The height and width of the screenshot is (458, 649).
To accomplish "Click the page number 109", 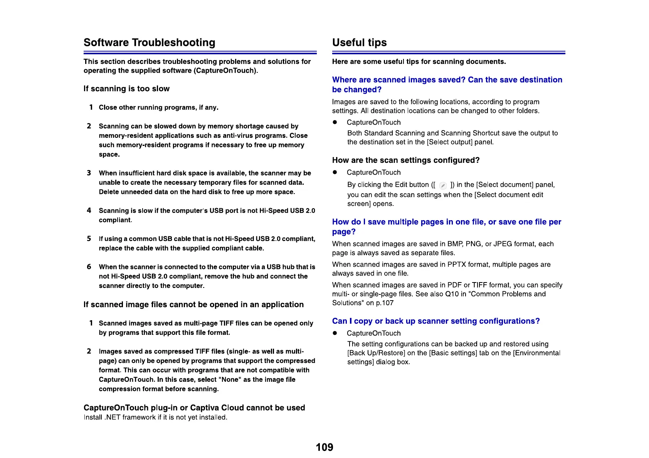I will pyautogui.click(x=324, y=447).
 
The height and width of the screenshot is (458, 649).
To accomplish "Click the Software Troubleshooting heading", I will pyautogui.click(x=149, y=42).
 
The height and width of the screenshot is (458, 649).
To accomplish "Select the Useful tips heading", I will pyautogui.click(x=359, y=42).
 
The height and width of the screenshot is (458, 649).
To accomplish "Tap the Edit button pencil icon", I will pyautogui.click(x=443, y=186).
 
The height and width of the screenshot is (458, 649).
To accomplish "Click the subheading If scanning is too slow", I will pyautogui.click(x=126, y=89).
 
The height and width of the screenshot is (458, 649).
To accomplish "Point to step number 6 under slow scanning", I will pyautogui.click(x=89, y=267).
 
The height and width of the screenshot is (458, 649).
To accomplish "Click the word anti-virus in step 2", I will pyautogui.click(x=229, y=135).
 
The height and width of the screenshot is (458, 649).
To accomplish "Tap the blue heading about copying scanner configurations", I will pyautogui.click(x=435, y=321).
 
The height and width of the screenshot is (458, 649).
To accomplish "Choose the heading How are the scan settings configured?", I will pyautogui.click(x=405, y=160).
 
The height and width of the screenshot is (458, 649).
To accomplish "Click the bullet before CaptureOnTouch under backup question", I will pyautogui.click(x=335, y=333).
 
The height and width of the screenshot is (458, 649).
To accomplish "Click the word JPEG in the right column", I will pyautogui.click(x=503, y=244).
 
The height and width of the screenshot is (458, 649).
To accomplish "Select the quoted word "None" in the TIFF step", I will pyautogui.click(x=230, y=379).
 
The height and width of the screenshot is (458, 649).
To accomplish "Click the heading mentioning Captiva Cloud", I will pyautogui.click(x=194, y=408).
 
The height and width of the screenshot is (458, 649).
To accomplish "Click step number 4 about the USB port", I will pyautogui.click(x=89, y=211).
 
